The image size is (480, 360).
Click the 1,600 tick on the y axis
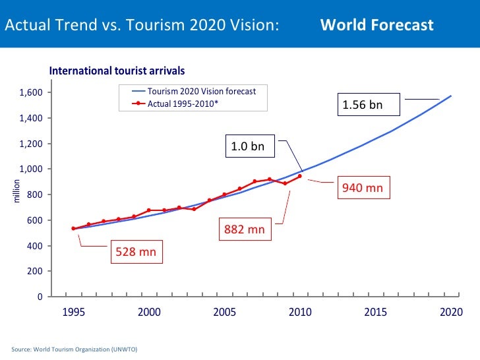(31, 92)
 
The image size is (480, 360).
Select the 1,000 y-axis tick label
(31, 169)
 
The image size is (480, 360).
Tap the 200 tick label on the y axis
(35, 272)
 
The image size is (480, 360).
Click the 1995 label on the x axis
(73, 312)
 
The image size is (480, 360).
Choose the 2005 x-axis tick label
(224, 312)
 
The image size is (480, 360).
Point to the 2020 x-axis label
(451, 312)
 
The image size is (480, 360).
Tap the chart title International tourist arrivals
(117, 70)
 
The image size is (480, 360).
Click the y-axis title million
(18, 191)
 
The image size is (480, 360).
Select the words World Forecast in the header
(376, 25)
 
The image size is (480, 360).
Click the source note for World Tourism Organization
(74, 348)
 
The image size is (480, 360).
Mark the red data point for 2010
(300, 176)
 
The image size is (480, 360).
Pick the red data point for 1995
(73, 229)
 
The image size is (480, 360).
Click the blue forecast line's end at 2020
(451, 96)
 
